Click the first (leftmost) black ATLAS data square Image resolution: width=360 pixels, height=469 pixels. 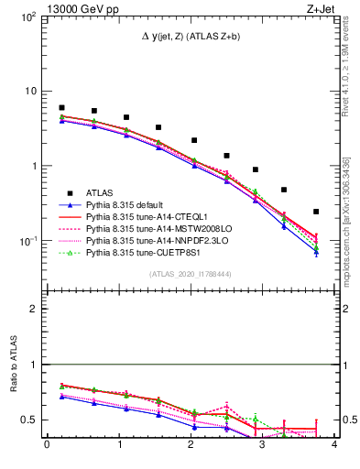coord(61,108)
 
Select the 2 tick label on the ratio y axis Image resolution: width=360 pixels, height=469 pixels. coord(35,309)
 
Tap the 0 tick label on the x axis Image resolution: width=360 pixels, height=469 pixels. coord(46,446)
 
